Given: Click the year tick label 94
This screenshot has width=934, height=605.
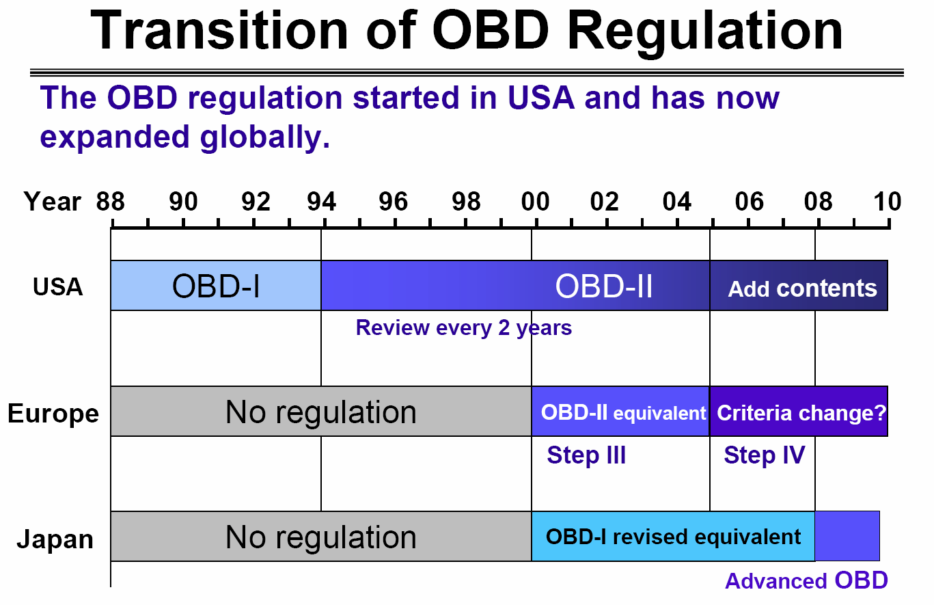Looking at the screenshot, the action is [322, 202].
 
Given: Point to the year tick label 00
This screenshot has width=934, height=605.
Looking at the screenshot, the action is [536, 202].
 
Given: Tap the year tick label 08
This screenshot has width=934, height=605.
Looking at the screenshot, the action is [818, 202].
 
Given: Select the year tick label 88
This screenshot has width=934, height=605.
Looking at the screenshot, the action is [111, 202].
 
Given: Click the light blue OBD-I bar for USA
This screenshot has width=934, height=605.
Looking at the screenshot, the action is [216, 285].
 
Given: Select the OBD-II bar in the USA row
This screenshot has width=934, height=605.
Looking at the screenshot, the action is [515, 285].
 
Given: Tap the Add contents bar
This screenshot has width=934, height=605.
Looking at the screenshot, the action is [799, 285].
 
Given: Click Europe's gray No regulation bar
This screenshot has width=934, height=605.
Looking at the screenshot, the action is [321, 412].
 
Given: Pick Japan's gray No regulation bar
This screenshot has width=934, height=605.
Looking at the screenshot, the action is [321, 536].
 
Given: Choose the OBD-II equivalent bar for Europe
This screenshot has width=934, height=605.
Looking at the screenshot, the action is [620, 412].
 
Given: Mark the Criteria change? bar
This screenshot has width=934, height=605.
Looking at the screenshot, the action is [799, 412].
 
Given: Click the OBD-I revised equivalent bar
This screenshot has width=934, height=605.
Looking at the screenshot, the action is [674, 536].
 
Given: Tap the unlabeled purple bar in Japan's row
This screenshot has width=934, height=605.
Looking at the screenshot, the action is [847, 536].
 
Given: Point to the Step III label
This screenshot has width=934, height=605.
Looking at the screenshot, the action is [586, 455].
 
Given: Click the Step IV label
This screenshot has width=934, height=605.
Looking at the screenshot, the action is [765, 455].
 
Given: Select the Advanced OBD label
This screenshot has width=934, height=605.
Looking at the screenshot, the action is [806, 581].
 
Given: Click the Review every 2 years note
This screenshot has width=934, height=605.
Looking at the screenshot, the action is [464, 328].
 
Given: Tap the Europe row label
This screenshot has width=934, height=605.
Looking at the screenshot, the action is [53, 414].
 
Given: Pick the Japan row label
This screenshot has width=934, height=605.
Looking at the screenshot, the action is [55, 539].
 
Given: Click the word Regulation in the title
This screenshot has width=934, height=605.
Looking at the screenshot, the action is [704, 31].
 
